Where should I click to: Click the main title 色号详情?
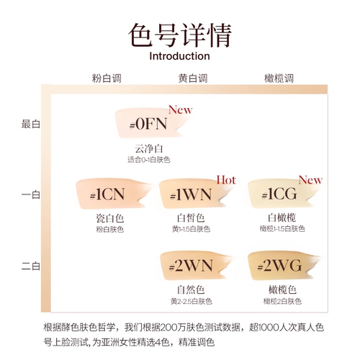180,35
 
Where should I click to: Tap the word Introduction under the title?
179,56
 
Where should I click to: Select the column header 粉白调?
107,78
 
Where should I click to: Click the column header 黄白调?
193,78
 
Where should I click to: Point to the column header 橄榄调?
279,78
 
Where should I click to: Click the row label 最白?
31,124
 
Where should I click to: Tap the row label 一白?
31,194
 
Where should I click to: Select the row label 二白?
31,266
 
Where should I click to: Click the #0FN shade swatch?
150,124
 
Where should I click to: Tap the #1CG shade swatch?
283,194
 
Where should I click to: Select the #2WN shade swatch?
196,266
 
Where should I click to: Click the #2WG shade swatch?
284,266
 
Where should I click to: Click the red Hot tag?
226,180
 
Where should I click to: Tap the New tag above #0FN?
180,109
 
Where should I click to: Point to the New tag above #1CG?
310,180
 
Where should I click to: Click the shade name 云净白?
149,149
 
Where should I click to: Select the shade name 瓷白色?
110,218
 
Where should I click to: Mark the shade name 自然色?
191,289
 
